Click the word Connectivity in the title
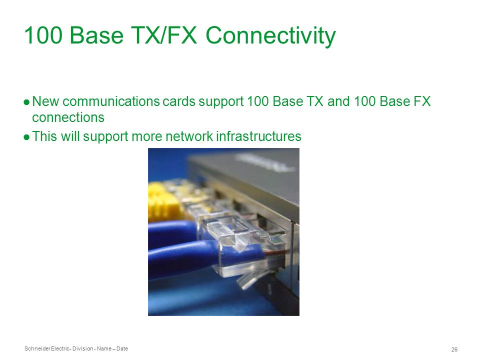(270, 36)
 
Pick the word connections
(68, 117)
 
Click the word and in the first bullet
(338, 101)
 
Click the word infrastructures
(258, 136)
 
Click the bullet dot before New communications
(26, 102)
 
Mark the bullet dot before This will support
(26, 137)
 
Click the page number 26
(454, 349)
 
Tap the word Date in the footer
(122, 348)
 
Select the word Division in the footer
(82, 348)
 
